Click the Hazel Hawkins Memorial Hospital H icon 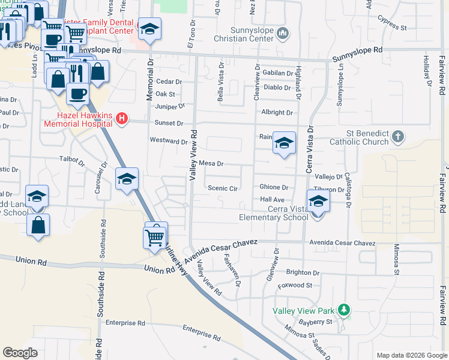[x=122, y=119]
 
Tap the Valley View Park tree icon [x=344, y=310]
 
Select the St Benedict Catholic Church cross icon [x=397, y=137]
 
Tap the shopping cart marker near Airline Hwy [x=155, y=235]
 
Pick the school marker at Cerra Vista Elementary [x=318, y=202]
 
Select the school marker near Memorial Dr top [x=148, y=29]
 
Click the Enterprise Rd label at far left [x=125, y=323]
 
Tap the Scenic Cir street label [x=223, y=188]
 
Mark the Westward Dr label [x=169, y=142]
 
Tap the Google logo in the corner [x=20, y=353]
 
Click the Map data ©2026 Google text [x=411, y=355]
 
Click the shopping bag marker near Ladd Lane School [x=38, y=226]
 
